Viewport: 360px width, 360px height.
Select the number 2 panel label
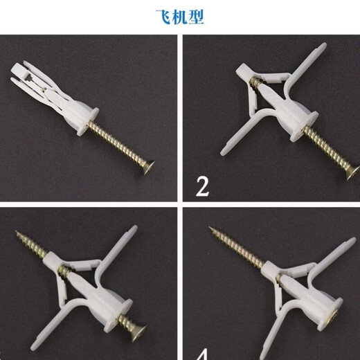201,186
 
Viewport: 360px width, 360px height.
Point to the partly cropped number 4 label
202,354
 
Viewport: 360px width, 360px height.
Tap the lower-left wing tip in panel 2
226,152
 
